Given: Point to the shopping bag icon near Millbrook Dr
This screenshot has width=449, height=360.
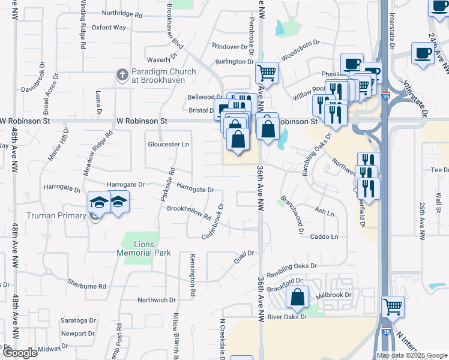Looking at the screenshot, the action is [297, 296].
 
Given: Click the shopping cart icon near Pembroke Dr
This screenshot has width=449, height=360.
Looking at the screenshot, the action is [267, 73].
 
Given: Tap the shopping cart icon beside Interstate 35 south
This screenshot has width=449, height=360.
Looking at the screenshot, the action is [393, 307].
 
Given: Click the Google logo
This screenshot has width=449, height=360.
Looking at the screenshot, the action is [19, 352].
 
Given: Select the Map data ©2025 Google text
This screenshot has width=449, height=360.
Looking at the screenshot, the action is [412, 355].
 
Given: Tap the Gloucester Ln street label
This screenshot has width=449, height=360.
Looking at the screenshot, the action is [169, 144].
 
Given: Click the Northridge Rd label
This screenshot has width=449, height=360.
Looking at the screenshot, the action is [122, 13].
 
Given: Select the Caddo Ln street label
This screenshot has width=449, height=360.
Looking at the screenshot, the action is [324, 237].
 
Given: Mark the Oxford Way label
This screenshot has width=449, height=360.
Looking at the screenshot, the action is [109, 27].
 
